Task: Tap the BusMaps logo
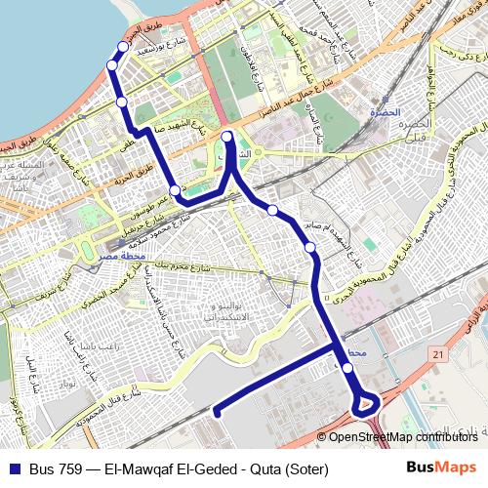pos(441,468)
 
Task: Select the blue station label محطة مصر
pos(121,257)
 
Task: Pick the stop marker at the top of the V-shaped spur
pos(227,137)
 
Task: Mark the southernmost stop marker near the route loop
pos(348,368)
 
